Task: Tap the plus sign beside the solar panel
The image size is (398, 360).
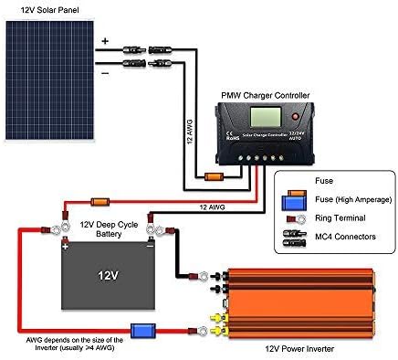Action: pos(104,41)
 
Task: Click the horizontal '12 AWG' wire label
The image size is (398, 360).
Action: pos(213,206)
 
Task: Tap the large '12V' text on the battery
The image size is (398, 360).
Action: pos(107,274)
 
